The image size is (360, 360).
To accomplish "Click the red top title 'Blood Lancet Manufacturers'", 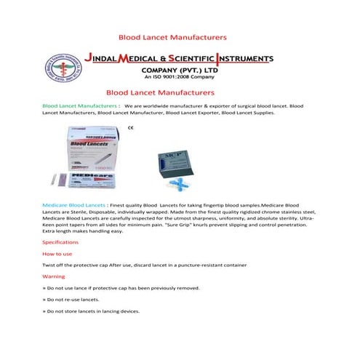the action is [x=172, y=36].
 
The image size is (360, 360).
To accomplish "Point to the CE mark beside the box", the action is [x=130, y=129].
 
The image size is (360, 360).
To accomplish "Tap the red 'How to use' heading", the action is [x=57, y=254].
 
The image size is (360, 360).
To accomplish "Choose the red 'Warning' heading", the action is [x=54, y=277].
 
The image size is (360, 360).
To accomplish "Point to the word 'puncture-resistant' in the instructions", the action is [x=196, y=265].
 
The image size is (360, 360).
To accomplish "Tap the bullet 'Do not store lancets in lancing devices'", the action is [x=93, y=311].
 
